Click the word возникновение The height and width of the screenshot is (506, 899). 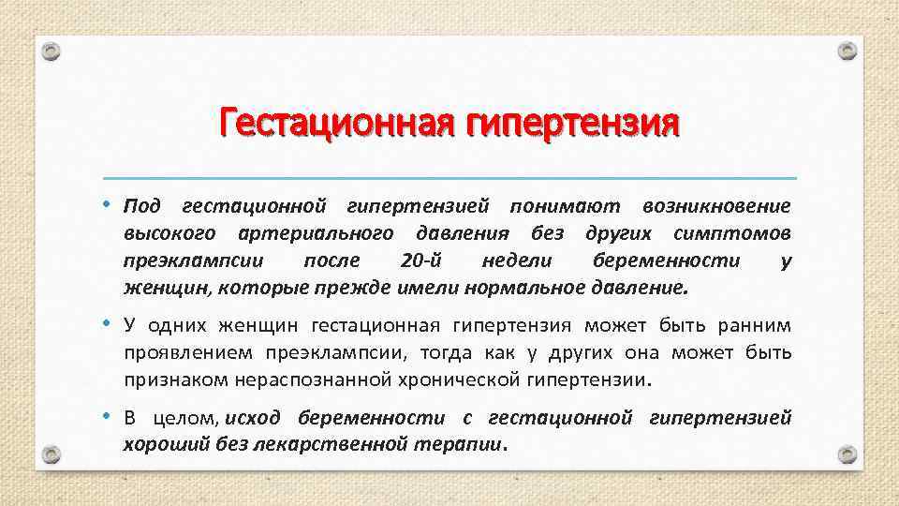point(717,204)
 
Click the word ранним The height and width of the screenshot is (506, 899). point(756,326)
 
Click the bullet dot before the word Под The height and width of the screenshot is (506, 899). point(108,203)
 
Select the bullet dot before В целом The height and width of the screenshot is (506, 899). point(108,416)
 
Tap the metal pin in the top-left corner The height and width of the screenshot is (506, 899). point(52,51)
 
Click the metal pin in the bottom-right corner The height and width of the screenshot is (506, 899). point(847,454)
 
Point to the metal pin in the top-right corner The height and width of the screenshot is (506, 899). point(847,51)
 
